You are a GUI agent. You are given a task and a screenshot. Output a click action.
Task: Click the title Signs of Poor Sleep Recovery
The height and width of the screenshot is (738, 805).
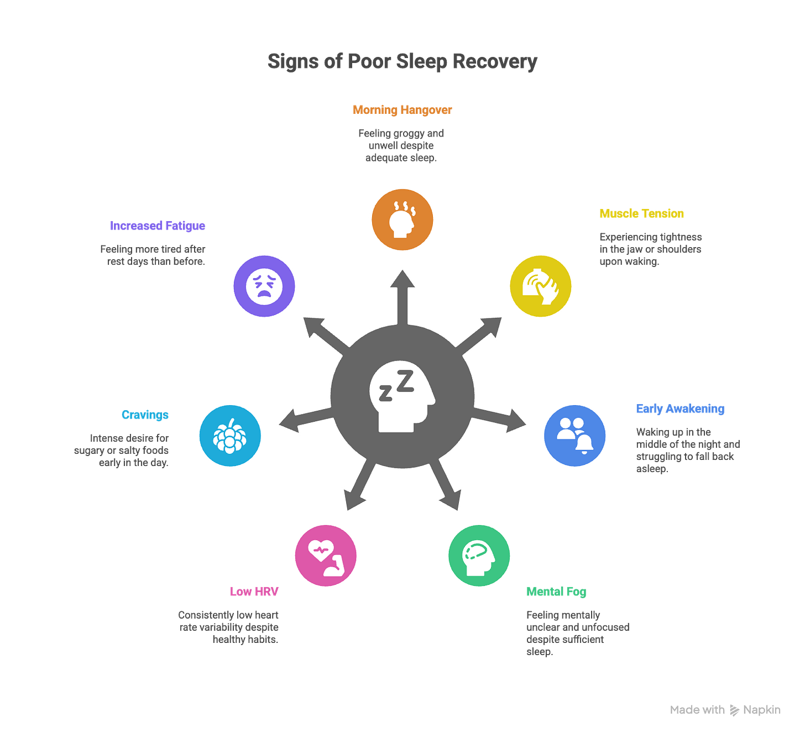pos(402,61)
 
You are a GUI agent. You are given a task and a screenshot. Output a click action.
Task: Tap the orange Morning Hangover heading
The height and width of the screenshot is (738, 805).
pos(402,109)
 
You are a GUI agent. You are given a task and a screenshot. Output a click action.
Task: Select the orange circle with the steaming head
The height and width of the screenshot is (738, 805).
pos(402,219)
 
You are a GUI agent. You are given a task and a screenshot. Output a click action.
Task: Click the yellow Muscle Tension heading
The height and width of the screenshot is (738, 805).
pos(641,213)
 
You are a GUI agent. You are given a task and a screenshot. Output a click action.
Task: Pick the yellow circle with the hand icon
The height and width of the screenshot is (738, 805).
pos(541,286)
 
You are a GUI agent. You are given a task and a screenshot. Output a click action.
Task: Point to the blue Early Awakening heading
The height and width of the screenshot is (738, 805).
pos(680,409)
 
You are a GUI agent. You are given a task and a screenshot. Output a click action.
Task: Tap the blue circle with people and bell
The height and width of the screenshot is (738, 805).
pos(574,436)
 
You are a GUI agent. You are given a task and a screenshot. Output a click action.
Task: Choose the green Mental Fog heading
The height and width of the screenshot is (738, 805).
pos(556,592)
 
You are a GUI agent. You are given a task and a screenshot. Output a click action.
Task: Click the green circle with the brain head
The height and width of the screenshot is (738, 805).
pos(479,556)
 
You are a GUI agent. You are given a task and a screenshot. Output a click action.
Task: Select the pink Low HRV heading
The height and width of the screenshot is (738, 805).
pos(254,592)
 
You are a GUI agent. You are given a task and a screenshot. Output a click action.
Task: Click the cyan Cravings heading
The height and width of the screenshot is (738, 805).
pos(145,415)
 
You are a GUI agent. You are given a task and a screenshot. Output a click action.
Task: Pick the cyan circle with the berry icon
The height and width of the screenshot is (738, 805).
pos(230,436)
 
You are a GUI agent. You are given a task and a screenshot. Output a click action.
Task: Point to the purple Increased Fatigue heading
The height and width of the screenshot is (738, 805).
pos(158,226)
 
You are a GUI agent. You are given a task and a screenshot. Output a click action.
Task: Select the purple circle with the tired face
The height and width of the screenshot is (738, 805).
pos(264,286)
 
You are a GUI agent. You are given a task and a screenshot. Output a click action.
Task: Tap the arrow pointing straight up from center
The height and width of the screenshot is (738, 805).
pos(402,293)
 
